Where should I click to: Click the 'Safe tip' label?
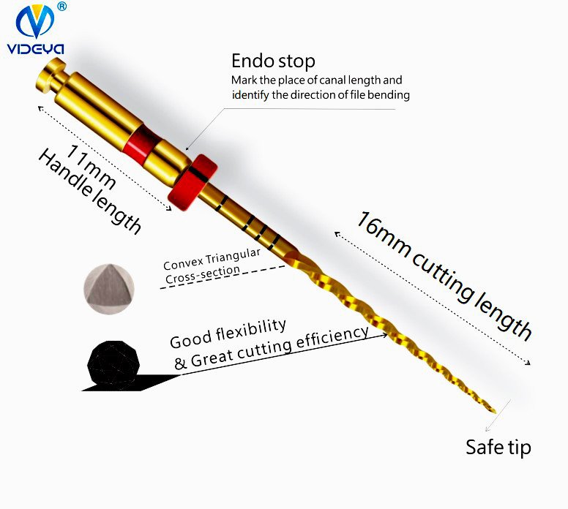coord(498,447)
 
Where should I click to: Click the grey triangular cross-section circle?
coord(107,282)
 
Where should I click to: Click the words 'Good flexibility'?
coord(228,333)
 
